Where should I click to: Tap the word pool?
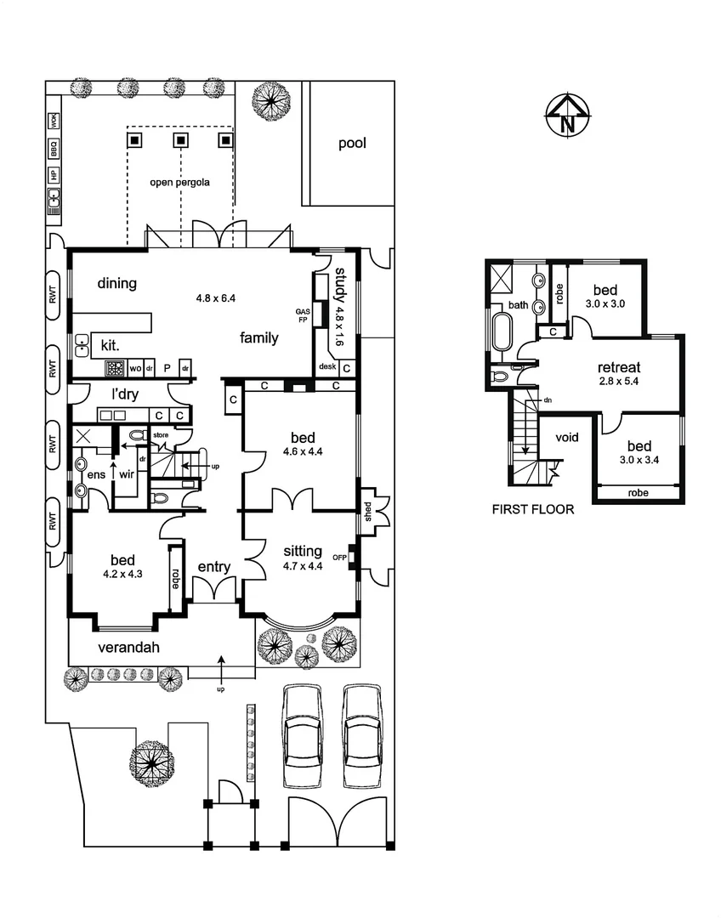pyautogui.click(x=352, y=144)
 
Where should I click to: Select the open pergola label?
pyautogui.click(x=179, y=182)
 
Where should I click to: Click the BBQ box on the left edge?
pyautogui.click(x=53, y=150)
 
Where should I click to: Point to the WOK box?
pyautogui.click(x=53, y=121)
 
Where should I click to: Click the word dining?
pyautogui.click(x=116, y=284)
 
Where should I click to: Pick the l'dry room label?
pyautogui.click(x=125, y=394)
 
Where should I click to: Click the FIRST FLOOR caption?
pyautogui.click(x=532, y=510)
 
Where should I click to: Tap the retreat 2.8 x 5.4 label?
pyautogui.click(x=618, y=374)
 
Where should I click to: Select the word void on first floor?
pyautogui.click(x=566, y=438)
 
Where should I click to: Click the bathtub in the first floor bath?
pyautogui.click(x=500, y=332)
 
